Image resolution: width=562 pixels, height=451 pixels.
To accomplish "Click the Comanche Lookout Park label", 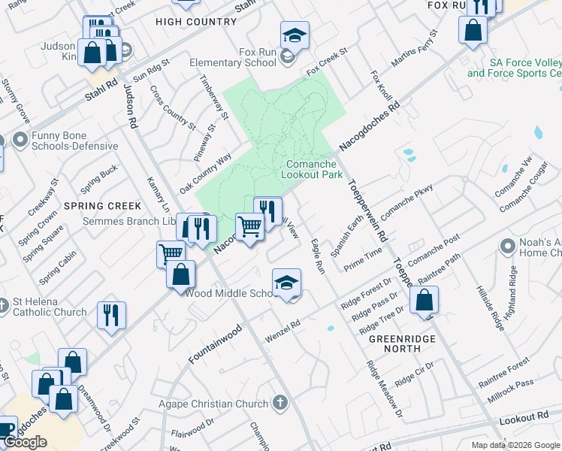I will [x=312, y=169].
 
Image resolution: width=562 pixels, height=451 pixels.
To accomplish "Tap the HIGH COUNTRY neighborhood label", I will [x=196, y=22].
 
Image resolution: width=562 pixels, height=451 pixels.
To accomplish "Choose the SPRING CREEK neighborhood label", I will [x=102, y=205].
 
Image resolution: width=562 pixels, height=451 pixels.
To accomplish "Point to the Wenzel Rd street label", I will [x=282, y=331].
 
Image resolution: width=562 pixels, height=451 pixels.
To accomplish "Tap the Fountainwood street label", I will [x=215, y=344].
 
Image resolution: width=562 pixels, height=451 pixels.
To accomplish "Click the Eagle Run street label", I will [x=317, y=256].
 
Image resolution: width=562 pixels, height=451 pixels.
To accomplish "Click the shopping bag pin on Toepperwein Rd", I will [x=425, y=299].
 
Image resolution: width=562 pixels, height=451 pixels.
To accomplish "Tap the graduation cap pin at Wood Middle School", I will [x=286, y=283].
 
